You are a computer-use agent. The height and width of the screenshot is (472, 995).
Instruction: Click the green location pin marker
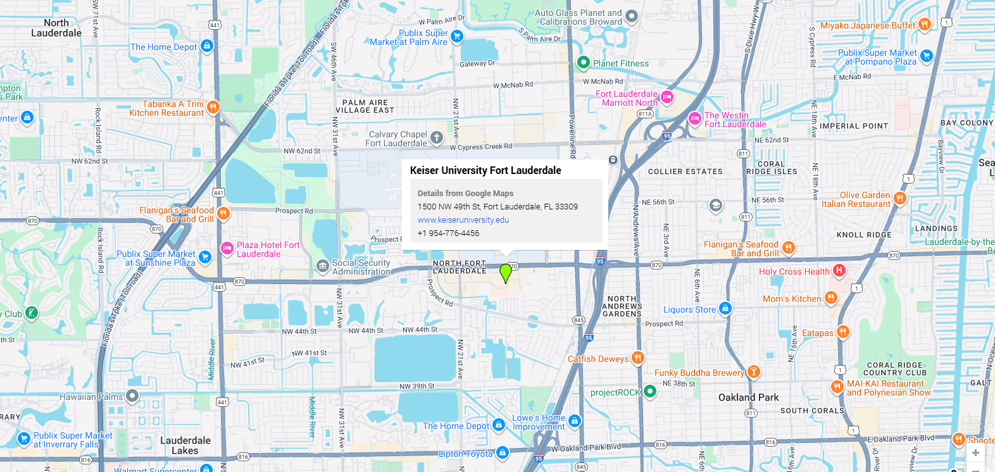pos(505,273)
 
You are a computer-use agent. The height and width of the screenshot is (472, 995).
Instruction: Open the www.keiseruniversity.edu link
pos(463,220)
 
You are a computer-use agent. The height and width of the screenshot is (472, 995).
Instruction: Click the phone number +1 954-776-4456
pos(448,233)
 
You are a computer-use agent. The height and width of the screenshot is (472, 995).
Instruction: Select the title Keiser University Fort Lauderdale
pos(485,170)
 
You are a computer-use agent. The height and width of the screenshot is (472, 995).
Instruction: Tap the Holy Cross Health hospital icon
pos(839,271)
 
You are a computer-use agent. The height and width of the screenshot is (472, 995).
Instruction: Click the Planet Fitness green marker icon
pos(584,63)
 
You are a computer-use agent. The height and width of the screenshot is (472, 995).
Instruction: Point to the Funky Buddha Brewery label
pos(699,373)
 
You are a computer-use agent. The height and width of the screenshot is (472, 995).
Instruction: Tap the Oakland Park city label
pos(748,397)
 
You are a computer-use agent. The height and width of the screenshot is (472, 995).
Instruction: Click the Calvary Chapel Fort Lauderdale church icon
pos(437,137)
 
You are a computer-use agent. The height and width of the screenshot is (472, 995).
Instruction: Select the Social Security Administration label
pos(361,267)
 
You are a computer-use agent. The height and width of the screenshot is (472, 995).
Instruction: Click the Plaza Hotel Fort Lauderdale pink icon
pos(227,249)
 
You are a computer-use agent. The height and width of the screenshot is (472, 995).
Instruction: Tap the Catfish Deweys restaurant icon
pos(638,358)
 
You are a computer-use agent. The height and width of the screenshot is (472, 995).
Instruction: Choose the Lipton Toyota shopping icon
pos(503,452)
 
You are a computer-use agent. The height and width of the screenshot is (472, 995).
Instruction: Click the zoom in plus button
pos(975,452)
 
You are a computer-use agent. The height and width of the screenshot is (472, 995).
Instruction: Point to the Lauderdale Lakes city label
pos(185,445)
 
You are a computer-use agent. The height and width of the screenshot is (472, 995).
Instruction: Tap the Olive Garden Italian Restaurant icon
pos(899,199)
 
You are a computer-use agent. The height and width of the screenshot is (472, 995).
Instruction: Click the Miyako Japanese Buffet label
pos(868,25)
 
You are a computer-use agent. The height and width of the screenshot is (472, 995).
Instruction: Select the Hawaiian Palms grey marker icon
pos(132,396)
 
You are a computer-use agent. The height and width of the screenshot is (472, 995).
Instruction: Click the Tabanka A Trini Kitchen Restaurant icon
pos(213,107)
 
